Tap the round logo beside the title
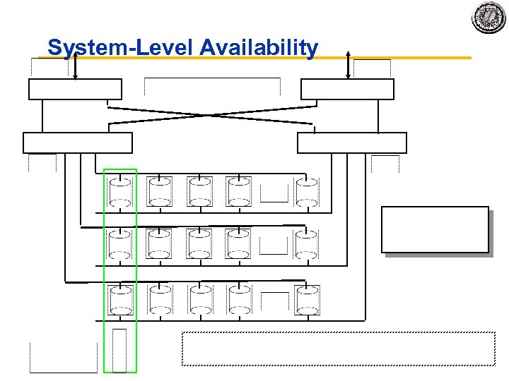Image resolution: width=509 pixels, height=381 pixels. pyautogui.click(x=489, y=17)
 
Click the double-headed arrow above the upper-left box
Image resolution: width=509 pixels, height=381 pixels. pyautogui.click(x=75, y=64)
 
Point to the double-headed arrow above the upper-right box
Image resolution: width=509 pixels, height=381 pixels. pyautogui.click(x=348, y=64)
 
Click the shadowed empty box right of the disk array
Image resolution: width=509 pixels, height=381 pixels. pyautogui.click(x=435, y=229)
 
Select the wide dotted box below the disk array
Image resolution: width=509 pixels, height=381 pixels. pyautogui.click(x=339, y=349)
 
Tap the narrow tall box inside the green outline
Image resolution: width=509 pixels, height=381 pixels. pyautogui.click(x=119, y=350)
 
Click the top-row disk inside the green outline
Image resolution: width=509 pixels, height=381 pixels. pyautogui.click(x=120, y=192)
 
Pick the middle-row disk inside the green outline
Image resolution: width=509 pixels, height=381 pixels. pyautogui.click(x=120, y=245)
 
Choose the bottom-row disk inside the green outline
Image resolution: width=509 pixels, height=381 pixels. pyautogui.click(x=120, y=300)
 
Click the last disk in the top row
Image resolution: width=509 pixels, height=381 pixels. pyautogui.click(x=308, y=192)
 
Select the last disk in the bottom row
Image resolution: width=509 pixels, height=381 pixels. pyautogui.click(x=308, y=300)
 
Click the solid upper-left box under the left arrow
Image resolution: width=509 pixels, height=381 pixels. pyautogui.click(x=75, y=90)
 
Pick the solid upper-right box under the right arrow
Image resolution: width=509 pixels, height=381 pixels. pyautogui.click(x=347, y=90)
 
